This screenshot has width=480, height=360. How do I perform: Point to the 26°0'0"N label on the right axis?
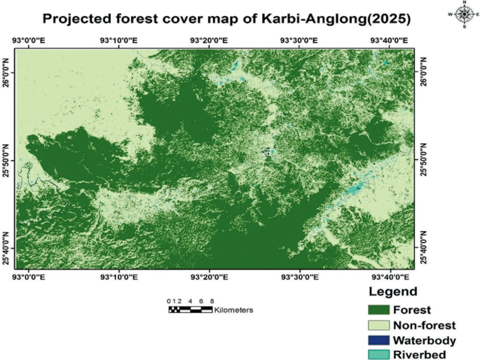423,71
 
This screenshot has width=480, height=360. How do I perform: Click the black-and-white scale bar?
190,309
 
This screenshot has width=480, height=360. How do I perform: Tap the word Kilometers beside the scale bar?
234,309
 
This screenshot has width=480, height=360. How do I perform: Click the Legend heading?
393,291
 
